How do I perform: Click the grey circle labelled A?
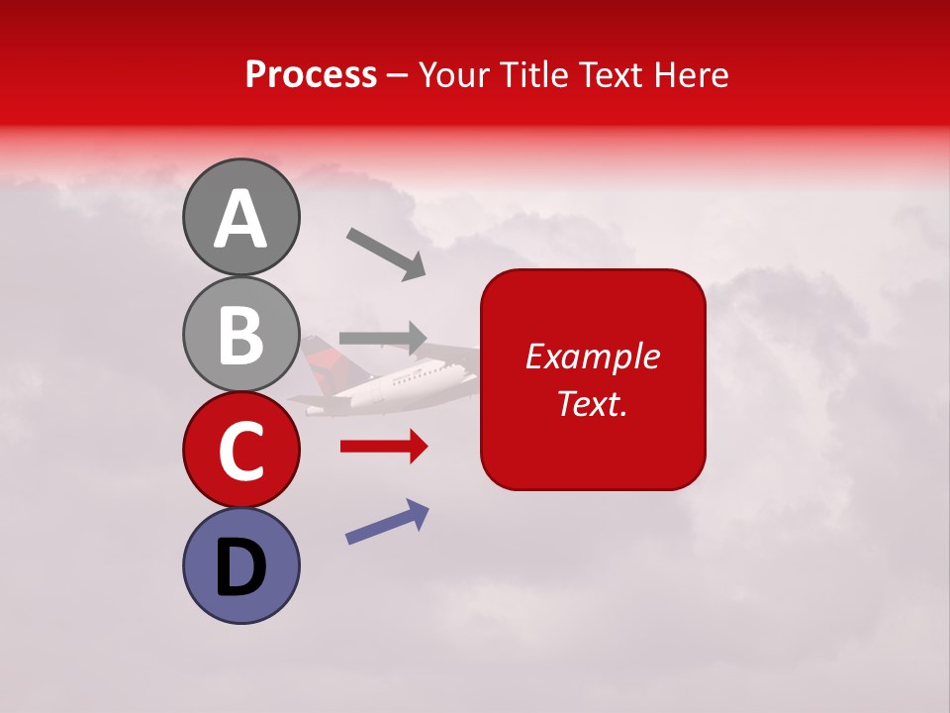(x=240, y=217)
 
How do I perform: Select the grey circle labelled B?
(x=240, y=334)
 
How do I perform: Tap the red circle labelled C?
(x=240, y=450)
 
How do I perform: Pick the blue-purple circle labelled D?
(x=240, y=565)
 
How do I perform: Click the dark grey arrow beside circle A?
(x=385, y=253)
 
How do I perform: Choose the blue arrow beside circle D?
(x=387, y=522)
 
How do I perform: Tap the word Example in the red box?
(x=593, y=356)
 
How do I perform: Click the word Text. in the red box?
(x=593, y=403)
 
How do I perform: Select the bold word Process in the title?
(x=311, y=74)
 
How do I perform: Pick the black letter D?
(x=240, y=567)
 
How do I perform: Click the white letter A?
(x=240, y=220)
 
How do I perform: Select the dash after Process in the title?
(x=398, y=76)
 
